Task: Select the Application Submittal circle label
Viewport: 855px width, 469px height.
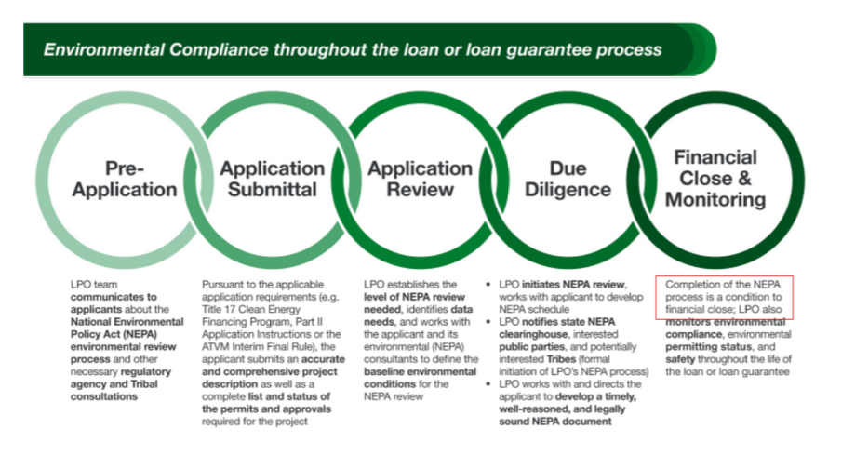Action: pos(273,179)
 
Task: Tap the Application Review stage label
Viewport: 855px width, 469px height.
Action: pos(420,179)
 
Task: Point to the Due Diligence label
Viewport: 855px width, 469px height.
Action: pos(568,179)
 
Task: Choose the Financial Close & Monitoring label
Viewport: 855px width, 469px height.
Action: pos(715,178)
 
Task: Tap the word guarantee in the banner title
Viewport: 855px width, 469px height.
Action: pos(555,48)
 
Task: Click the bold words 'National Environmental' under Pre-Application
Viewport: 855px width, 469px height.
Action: pos(122,321)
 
